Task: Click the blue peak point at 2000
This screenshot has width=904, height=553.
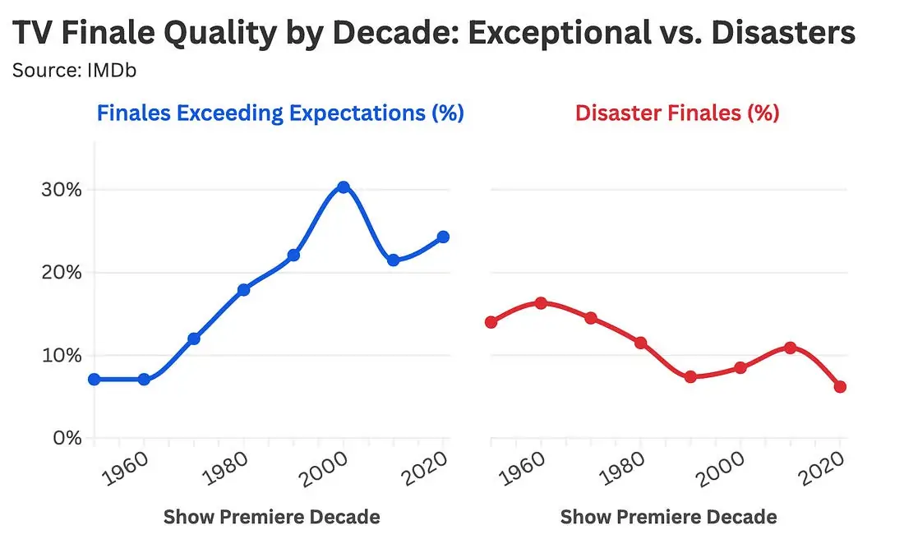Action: (344, 187)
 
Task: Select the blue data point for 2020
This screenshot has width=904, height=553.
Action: (443, 237)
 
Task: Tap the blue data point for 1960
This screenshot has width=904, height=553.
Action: (144, 380)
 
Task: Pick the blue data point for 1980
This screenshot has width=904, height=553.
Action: (244, 289)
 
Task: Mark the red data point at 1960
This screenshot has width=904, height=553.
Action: (541, 302)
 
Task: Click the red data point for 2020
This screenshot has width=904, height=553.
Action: (840, 386)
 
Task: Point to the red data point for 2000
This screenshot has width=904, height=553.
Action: (740, 367)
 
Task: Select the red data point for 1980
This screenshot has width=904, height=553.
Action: (640, 343)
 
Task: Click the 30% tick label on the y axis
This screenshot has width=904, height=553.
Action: (62, 190)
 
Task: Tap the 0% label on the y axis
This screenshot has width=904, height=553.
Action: (67, 438)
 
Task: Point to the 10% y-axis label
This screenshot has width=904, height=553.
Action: (62, 355)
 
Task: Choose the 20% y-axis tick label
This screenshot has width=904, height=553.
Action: (62, 272)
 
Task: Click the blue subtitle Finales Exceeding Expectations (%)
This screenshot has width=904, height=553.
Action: (280, 113)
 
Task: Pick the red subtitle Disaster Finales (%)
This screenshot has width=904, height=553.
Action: (677, 113)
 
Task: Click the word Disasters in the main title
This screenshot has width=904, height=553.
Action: (783, 32)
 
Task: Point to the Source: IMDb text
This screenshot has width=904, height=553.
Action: (74, 71)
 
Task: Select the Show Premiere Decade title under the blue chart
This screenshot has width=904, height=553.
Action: (271, 517)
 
